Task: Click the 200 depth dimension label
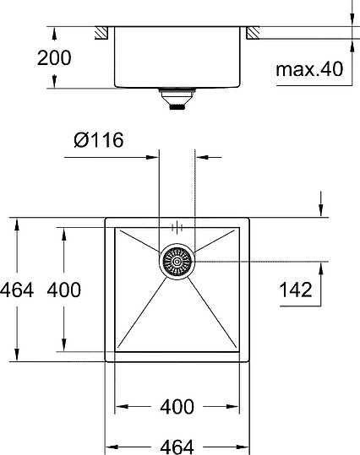point(54,57)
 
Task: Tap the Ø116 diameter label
point(98,140)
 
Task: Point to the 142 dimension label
point(295,290)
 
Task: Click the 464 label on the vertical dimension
point(17,290)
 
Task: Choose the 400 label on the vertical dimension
point(64,290)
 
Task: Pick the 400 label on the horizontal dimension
point(177,406)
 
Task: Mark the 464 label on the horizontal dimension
point(177,445)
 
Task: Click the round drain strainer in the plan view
point(177,261)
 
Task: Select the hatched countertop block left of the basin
point(101,33)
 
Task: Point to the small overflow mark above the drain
point(177,227)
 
